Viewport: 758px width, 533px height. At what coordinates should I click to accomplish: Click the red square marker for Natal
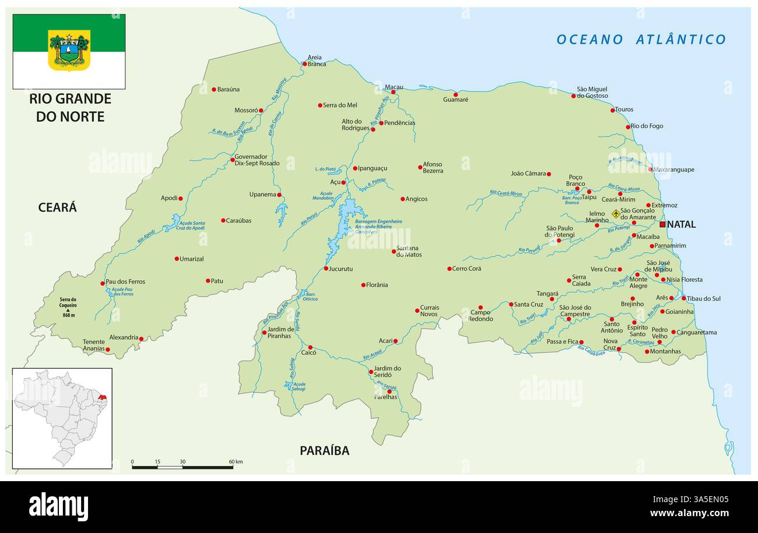(x=662, y=224)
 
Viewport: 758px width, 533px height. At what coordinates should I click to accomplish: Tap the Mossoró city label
(x=245, y=110)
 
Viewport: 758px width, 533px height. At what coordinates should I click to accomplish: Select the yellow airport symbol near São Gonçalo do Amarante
(x=616, y=214)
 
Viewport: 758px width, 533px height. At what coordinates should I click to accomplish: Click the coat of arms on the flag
(x=69, y=50)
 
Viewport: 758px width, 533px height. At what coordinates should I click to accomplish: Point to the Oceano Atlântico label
(x=641, y=40)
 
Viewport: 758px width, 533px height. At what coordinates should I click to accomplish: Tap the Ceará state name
(x=57, y=207)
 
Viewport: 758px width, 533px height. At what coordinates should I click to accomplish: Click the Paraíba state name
(x=324, y=450)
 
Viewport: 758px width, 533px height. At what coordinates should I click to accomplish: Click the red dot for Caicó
(x=310, y=347)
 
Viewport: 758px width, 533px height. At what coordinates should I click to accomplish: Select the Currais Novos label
(x=430, y=310)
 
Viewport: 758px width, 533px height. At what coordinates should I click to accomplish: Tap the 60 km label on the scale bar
(x=236, y=462)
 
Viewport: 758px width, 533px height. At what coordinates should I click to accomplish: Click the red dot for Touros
(x=613, y=110)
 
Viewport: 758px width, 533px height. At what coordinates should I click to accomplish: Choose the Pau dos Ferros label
(x=125, y=281)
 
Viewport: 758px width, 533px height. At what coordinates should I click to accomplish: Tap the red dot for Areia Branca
(x=304, y=64)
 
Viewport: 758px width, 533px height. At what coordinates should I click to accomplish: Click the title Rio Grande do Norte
(x=70, y=107)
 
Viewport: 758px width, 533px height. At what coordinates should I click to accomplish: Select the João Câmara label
(x=528, y=174)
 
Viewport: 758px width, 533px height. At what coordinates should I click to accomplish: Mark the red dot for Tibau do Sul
(x=684, y=298)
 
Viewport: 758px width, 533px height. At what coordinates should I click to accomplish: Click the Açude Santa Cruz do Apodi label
(x=191, y=225)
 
